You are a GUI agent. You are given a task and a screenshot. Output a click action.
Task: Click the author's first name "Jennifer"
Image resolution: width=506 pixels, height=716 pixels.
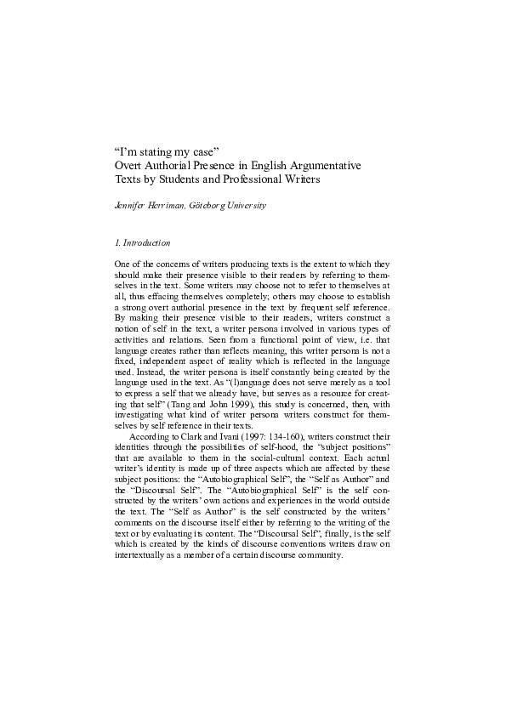point(130,206)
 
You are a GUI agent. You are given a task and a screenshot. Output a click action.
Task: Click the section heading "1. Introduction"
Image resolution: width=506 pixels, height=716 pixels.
point(143,244)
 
